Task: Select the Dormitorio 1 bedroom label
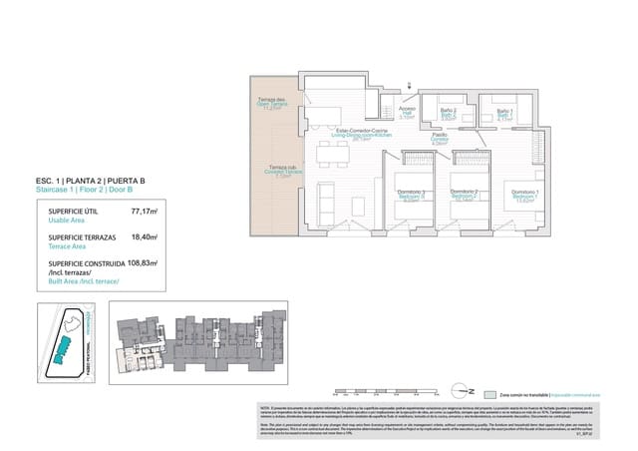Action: pyautogui.click(x=525, y=195)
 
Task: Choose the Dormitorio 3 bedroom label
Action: pyautogui.click(x=412, y=195)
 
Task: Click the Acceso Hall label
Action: pyautogui.click(x=407, y=113)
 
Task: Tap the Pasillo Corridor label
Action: pyautogui.click(x=440, y=141)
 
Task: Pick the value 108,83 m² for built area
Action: pyautogui.click(x=144, y=264)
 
